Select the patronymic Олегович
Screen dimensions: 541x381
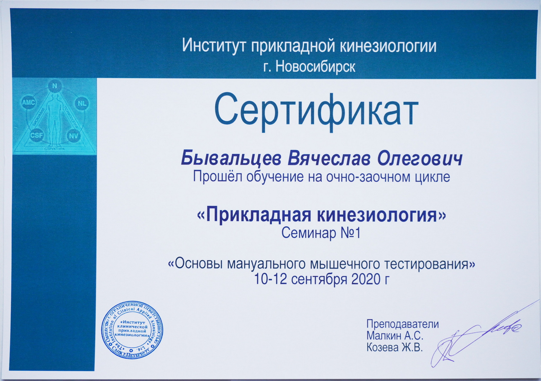(x=417, y=159)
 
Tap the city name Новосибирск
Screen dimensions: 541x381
(x=315, y=67)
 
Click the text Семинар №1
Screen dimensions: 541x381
(x=321, y=233)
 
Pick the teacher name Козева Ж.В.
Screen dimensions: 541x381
(x=395, y=348)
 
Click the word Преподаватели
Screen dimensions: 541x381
(x=403, y=324)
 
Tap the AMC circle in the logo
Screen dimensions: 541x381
(x=29, y=102)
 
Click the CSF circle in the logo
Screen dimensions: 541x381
(x=36, y=135)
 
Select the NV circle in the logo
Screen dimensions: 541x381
(x=73, y=135)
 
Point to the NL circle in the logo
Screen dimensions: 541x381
(x=82, y=103)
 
